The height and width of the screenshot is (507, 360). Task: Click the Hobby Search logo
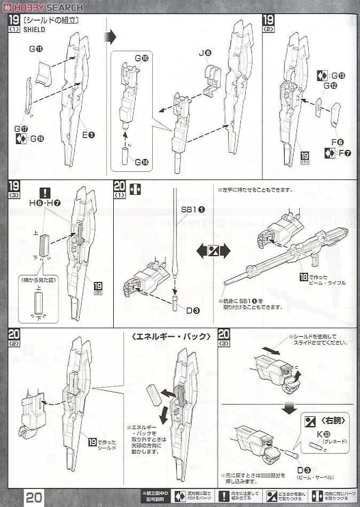pyautogui.click(x=42, y=7)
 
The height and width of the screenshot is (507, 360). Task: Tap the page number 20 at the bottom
pyautogui.click(x=33, y=496)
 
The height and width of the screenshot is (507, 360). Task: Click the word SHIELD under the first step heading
pyautogui.click(x=34, y=30)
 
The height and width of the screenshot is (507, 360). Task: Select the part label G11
pyautogui.click(x=36, y=49)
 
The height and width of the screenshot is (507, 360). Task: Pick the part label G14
pyautogui.click(x=141, y=162)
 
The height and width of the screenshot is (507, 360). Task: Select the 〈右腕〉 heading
pyautogui.click(x=325, y=420)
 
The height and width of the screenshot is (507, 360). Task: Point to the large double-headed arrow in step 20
pyautogui.click(x=213, y=250)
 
